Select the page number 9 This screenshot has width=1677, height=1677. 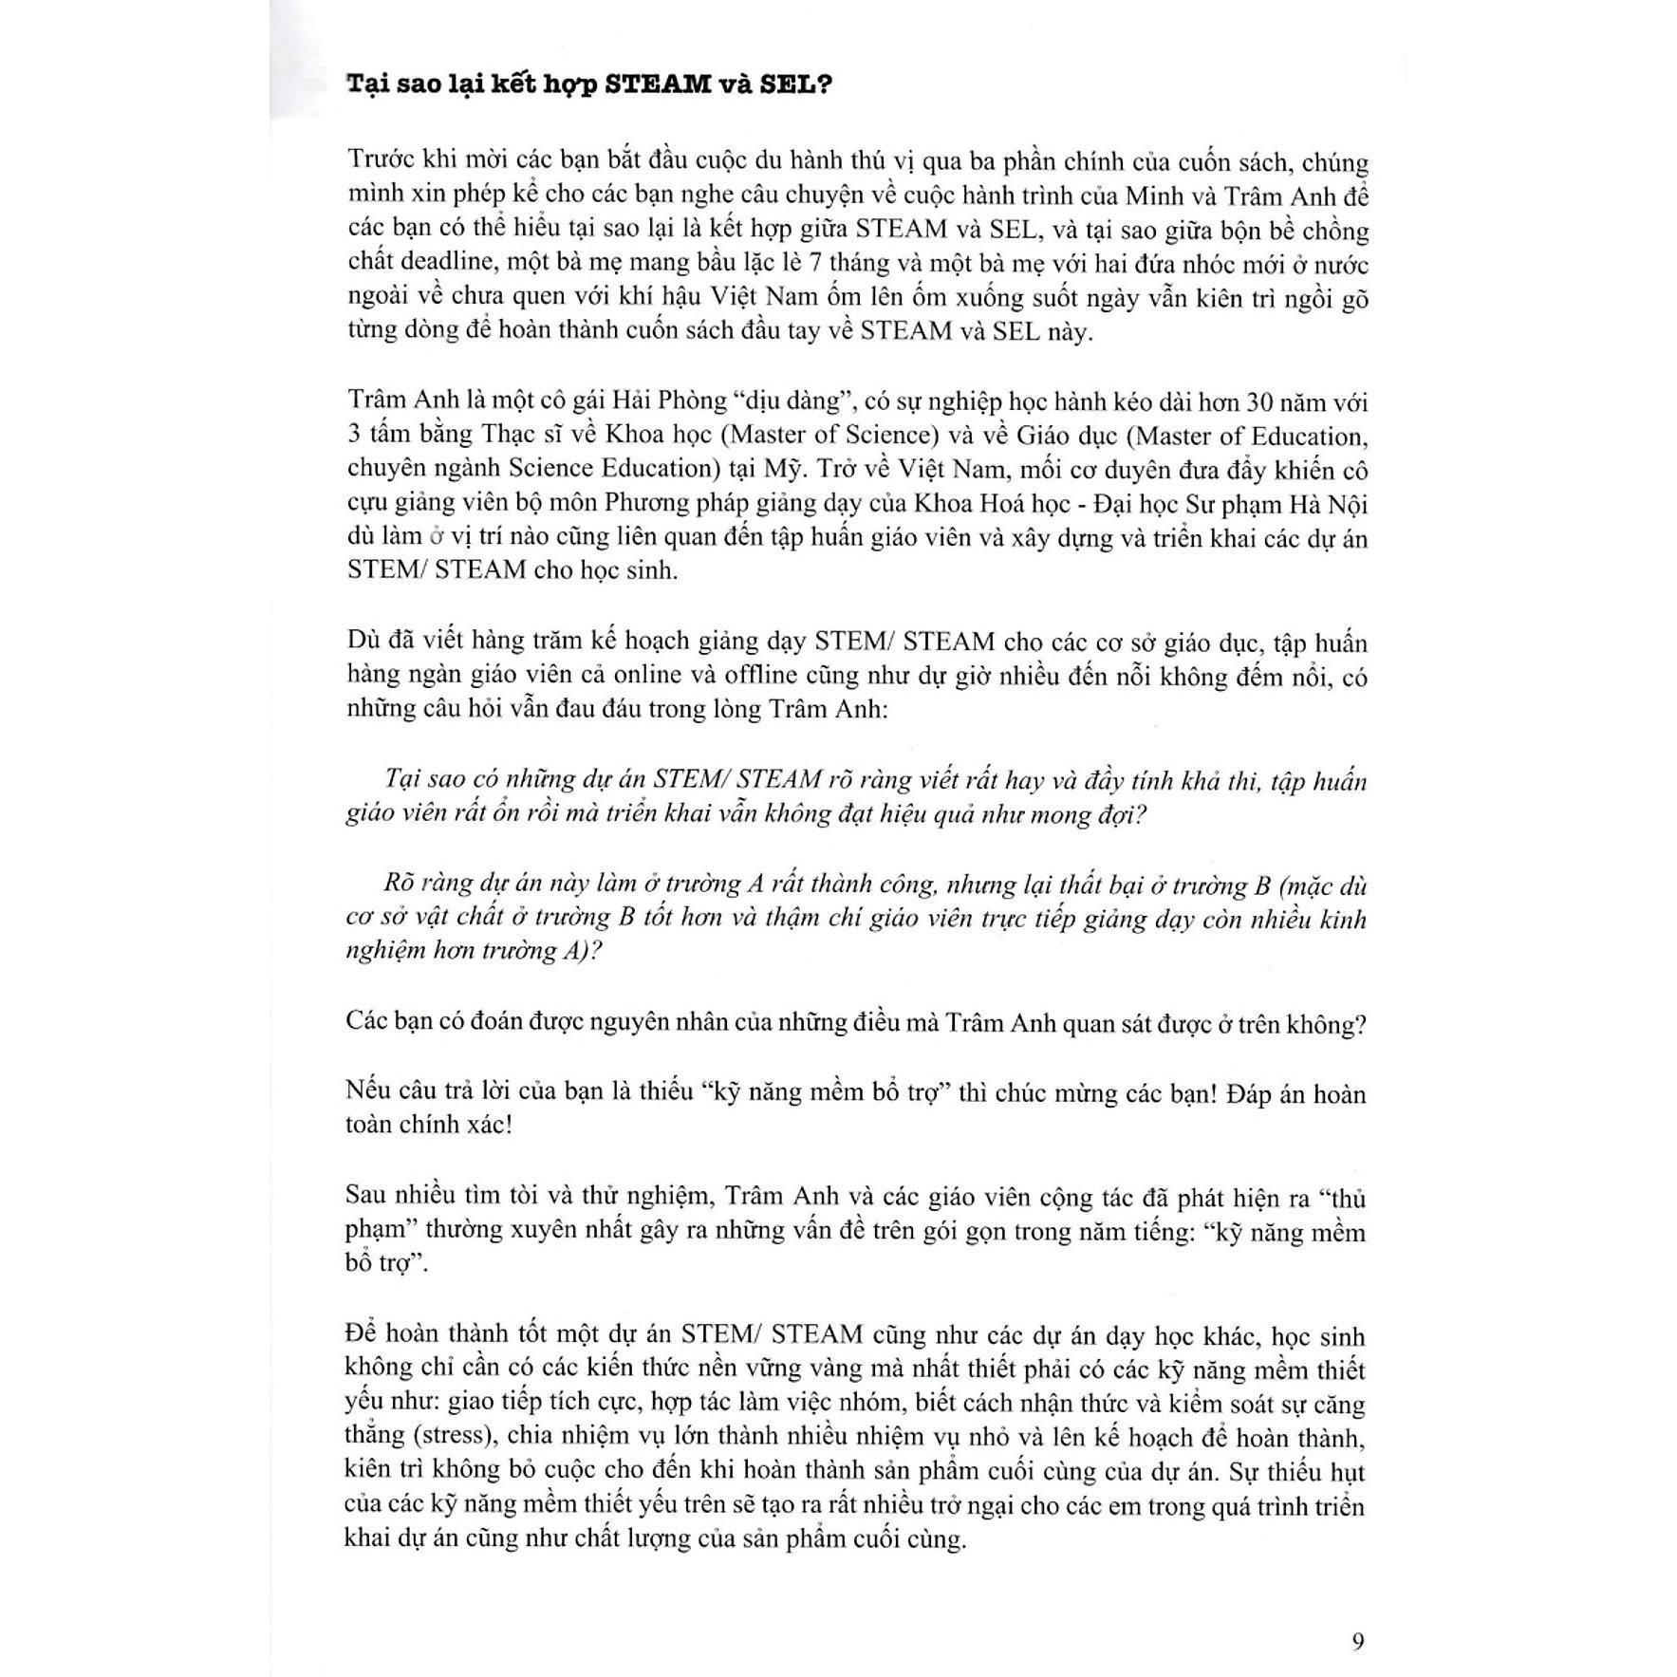[1358, 1641]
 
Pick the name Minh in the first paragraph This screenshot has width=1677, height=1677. [1150, 197]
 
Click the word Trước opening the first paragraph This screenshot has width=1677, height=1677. [379, 161]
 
